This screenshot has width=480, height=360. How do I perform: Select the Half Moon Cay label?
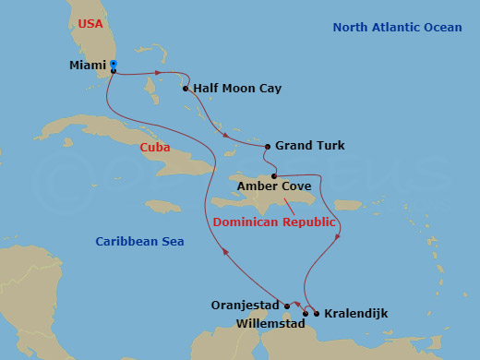[x=238, y=89]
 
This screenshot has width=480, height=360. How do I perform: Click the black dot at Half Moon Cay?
[x=186, y=90]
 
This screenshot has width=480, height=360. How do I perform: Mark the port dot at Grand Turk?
[x=268, y=146]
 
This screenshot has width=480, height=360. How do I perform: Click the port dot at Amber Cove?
[x=274, y=174]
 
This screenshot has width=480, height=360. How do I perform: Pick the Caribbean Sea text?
[x=139, y=242]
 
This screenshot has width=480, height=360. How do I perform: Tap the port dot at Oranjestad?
[x=287, y=306]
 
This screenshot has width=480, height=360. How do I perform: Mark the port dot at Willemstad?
[x=306, y=314]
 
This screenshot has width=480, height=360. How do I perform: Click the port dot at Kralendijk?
[x=318, y=314]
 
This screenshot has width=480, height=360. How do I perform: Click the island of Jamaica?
[x=163, y=206]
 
